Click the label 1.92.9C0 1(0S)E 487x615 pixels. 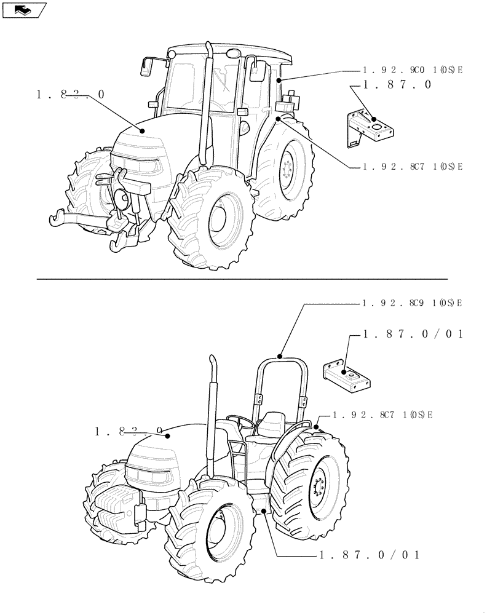(x=412, y=71)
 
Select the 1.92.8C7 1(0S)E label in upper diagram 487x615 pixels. (x=412, y=167)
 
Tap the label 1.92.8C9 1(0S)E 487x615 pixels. (x=412, y=303)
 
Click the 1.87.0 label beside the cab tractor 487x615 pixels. (x=397, y=85)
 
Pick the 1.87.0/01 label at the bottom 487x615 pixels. (x=370, y=555)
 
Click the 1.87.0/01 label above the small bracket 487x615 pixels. (x=413, y=334)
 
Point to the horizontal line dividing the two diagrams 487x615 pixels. (x=243, y=279)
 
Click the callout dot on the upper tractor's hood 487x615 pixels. (x=142, y=130)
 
